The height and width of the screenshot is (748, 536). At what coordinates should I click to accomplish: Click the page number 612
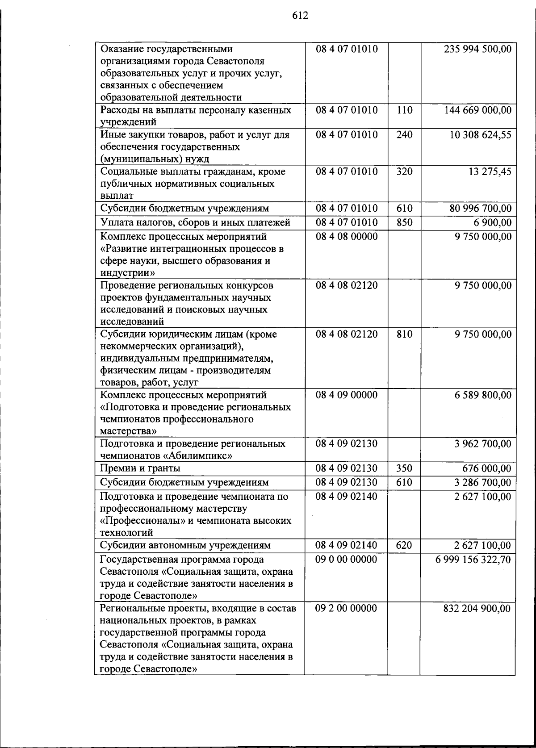coord(300,16)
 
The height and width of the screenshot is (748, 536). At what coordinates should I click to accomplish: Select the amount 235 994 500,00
coord(477,49)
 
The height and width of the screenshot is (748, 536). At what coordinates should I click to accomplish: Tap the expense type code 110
coord(404,110)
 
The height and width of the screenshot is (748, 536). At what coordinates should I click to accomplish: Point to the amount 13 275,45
coord(490,171)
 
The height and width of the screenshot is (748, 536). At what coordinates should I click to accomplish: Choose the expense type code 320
coord(404,171)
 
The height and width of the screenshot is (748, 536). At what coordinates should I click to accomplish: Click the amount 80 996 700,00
coord(480,209)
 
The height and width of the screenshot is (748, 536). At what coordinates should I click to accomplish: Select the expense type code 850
coord(404,222)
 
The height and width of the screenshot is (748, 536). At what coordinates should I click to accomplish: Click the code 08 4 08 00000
coord(346,237)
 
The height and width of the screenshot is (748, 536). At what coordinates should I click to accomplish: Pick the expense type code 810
coord(404,334)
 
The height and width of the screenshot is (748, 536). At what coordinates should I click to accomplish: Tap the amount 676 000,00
coord(486,468)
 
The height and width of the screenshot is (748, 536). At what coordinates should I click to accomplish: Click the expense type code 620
coord(404,545)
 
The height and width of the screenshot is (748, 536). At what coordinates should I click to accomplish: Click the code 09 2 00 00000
coord(346,608)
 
